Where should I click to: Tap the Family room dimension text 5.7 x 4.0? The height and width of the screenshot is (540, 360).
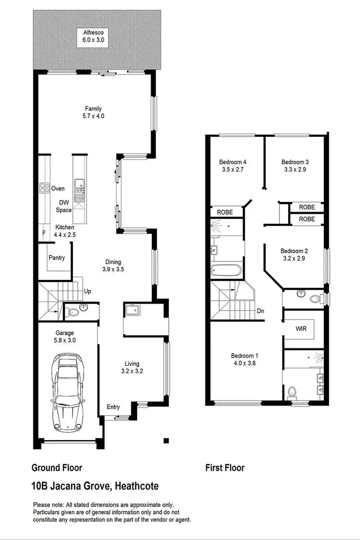point(94,116)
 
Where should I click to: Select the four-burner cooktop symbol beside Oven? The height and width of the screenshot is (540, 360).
point(45,188)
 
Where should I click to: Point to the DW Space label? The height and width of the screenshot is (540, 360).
point(63,206)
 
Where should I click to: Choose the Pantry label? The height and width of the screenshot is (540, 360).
point(57,258)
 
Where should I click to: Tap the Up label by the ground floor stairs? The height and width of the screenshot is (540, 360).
point(88,291)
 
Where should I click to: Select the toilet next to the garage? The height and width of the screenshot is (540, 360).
point(73,312)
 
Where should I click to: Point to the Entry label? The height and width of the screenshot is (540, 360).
point(113,407)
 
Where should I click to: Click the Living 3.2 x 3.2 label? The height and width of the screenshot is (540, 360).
point(132,367)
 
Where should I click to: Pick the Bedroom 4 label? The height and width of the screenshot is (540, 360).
point(233,162)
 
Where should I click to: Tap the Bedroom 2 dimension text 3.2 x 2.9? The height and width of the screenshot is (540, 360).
point(294,258)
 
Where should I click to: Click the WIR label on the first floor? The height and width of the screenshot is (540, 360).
point(301,329)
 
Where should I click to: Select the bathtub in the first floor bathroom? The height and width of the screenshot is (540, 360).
point(226,269)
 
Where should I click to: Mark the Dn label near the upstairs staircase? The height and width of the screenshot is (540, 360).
point(260,311)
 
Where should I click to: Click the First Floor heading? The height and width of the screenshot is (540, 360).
point(225,468)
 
